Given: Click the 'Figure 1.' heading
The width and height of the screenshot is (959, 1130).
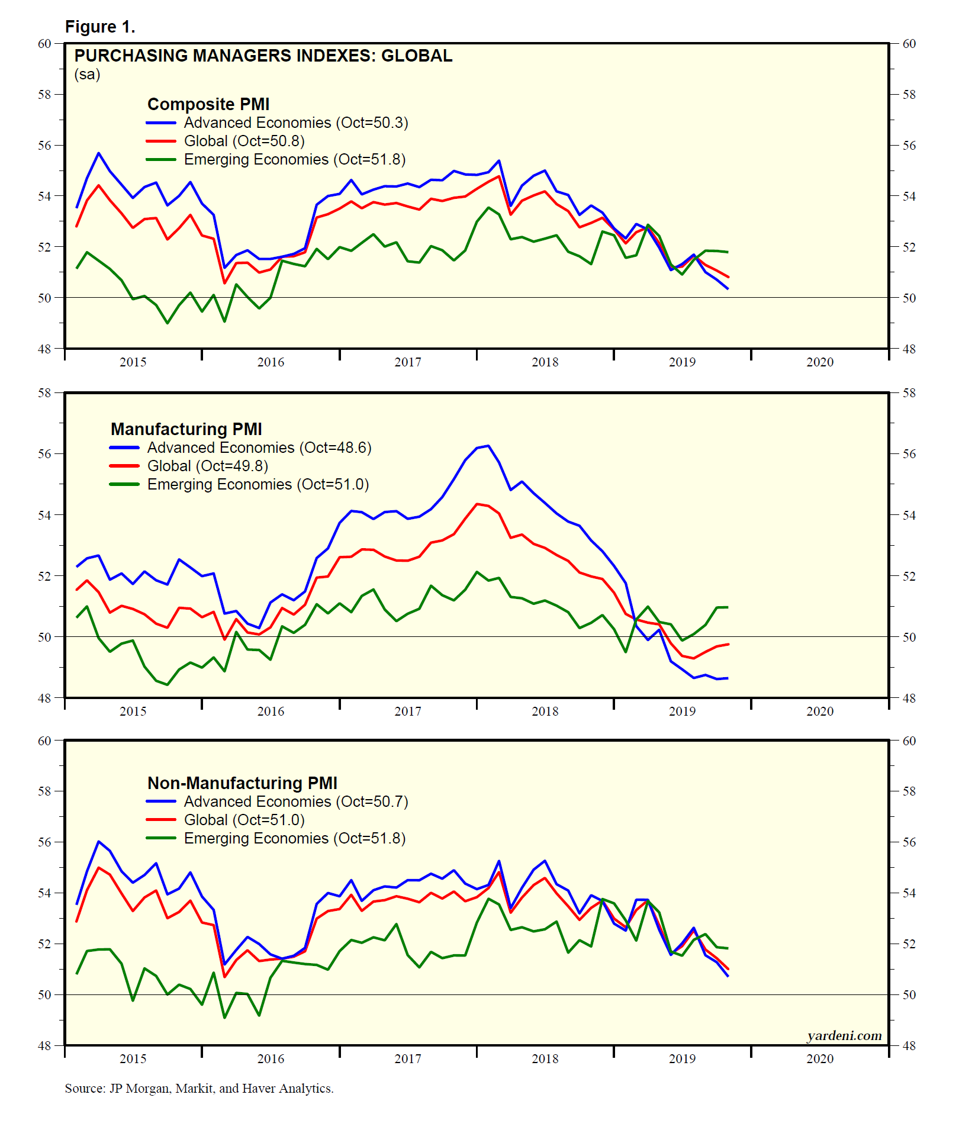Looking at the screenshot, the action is point(100,27).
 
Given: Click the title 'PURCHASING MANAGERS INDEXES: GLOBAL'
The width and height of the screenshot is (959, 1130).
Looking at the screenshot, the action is point(263,56).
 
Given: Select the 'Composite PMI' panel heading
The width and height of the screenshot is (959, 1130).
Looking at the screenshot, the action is point(208,104).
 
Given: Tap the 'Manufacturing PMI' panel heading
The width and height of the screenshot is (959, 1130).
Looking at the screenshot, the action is point(186,429).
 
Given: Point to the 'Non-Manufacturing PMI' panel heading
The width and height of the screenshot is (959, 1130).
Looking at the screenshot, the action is point(242,783).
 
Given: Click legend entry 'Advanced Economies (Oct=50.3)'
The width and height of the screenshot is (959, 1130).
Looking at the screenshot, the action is point(296,123).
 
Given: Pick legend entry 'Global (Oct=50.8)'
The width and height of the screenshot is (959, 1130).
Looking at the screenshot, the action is point(244,141).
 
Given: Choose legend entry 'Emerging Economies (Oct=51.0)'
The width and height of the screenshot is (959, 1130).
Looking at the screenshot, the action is point(258,484).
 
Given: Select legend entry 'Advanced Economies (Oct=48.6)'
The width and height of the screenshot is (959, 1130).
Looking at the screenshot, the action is point(259,448).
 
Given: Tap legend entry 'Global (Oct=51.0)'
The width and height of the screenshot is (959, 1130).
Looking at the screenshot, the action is point(244,820).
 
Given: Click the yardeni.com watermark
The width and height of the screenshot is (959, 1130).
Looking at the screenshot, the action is point(844,1036).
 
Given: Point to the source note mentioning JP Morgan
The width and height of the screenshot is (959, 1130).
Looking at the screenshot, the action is point(199,1089).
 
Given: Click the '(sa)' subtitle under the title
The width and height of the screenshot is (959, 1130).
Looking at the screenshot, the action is point(88,75).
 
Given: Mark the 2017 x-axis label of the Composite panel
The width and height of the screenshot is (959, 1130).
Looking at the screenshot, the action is point(408,362).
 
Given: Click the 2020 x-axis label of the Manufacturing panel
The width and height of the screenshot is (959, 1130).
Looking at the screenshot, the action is point(820,712).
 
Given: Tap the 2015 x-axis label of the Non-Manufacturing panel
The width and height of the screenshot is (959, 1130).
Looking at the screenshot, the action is point(133,1059).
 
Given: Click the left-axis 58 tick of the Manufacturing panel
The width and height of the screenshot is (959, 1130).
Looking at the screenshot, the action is point(45,393).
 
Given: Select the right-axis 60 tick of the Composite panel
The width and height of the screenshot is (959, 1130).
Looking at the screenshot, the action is point(909,44).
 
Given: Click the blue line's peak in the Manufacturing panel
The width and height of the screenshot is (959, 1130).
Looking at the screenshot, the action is point(488,446).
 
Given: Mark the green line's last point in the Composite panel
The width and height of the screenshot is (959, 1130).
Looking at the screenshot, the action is point(728,252).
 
